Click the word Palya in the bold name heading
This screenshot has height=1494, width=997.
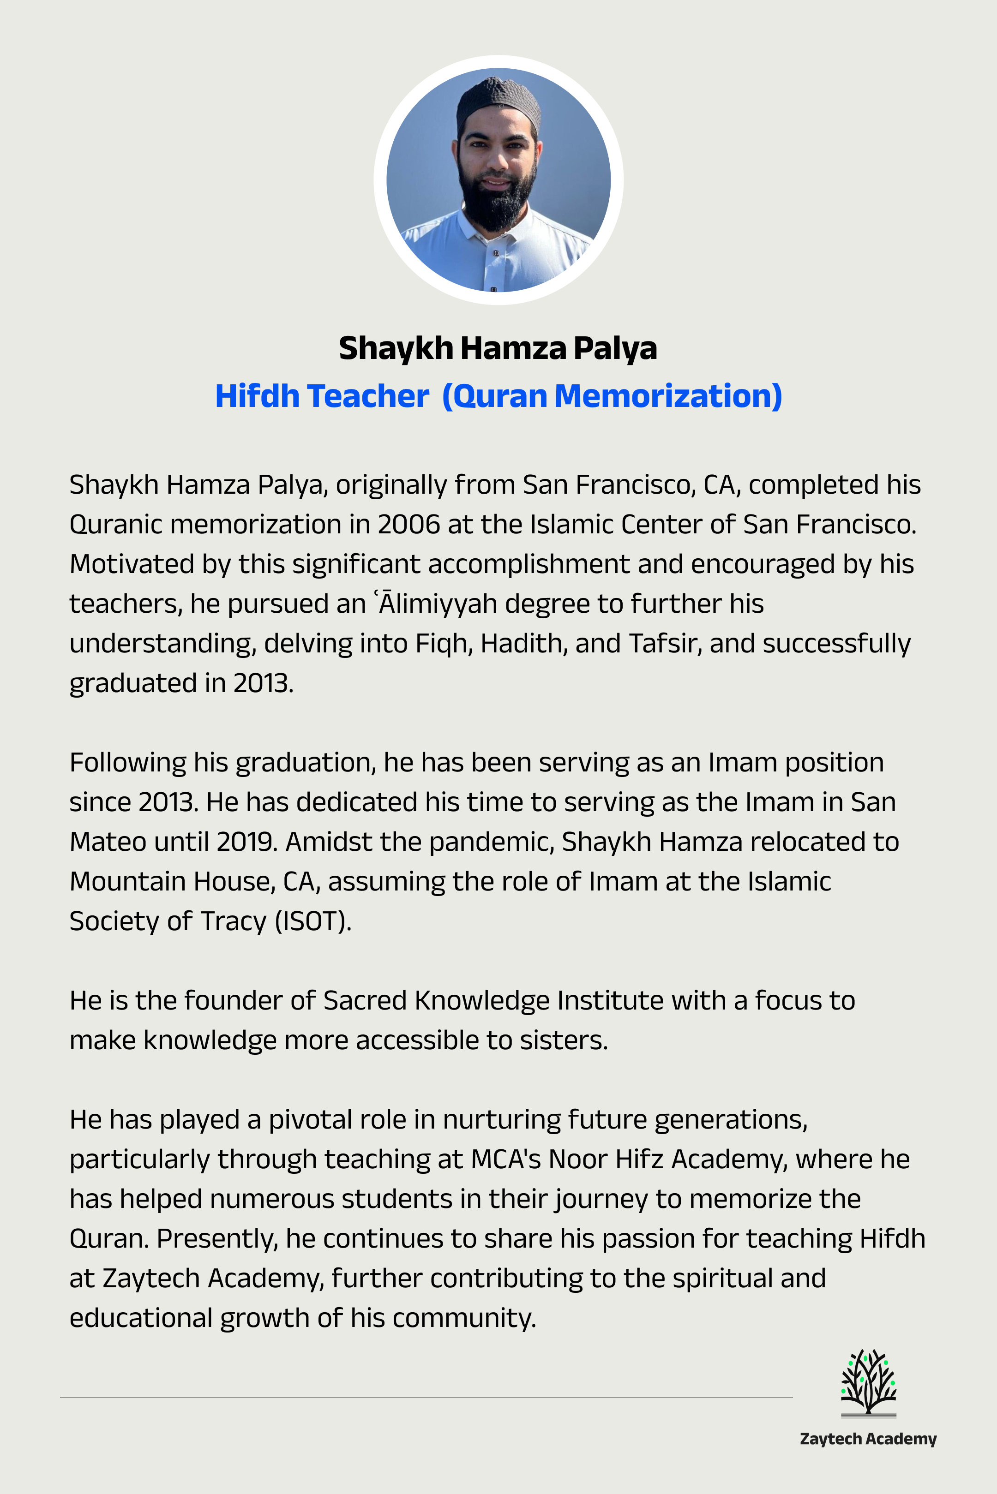(615, 348)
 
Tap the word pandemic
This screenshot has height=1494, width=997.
(492, 842)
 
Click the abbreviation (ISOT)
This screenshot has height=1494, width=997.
(313, 921)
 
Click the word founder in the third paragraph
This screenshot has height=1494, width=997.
(234, 1000)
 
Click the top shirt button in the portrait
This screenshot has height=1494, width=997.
(496, 253)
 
